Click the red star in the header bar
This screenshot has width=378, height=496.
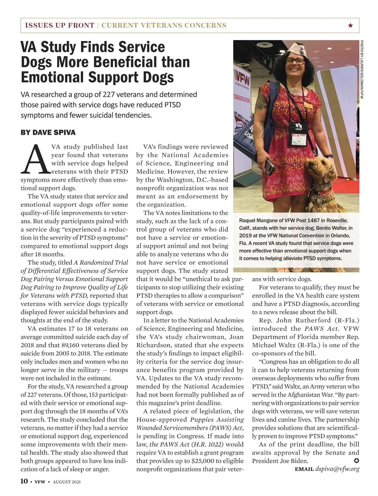click(350, 26)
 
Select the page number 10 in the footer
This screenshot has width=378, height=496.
click(24, 481)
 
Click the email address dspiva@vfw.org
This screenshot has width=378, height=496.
click(337, 469)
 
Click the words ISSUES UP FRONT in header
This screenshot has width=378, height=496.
click(60, 26)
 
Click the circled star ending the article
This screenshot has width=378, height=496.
click(357, 461)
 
